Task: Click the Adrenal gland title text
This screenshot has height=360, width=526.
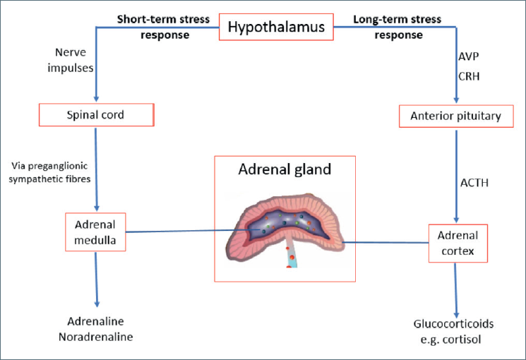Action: (285, 169)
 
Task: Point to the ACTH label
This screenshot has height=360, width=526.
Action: (474, 183)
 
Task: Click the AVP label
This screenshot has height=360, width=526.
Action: (469, 56)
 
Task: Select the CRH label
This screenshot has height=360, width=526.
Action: (469, 76)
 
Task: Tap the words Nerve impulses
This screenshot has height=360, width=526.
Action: (71, 60)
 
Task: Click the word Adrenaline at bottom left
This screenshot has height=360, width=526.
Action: (95, 321)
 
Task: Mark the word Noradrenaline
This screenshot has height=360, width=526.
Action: (95, 337)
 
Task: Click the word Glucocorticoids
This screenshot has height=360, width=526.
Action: (453, 324)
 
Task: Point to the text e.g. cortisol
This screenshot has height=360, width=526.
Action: (451, 340)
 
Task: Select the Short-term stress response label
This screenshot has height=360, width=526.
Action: (163, 27)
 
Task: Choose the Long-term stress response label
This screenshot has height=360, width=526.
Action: (398, 27)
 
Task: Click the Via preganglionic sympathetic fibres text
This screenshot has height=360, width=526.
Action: (49, 172)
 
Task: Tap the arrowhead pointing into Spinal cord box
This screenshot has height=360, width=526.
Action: (96, 100)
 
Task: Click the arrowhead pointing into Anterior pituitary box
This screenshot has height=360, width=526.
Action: (456, 100)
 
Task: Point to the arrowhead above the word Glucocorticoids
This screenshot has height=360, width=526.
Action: (456, 316)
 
